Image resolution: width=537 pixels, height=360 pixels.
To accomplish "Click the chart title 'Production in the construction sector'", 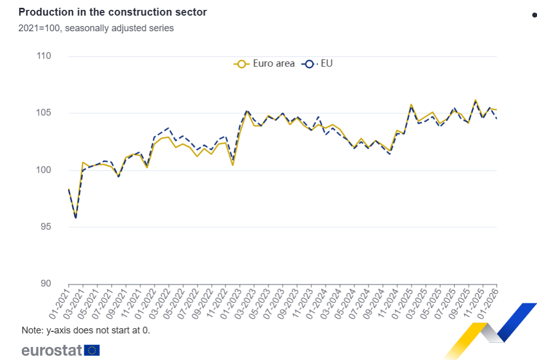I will (x=112, y=12).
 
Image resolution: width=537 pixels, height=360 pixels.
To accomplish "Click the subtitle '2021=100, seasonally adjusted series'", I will (x=96, y=28).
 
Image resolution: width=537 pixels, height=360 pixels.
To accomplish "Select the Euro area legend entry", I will (x=265, y=63).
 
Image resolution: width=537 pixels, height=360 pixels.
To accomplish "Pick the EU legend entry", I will (x=318, y=63).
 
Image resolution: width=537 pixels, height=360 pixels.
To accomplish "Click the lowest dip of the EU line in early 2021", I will (x=76, y=218).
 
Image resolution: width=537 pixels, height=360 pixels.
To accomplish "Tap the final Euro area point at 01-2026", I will (x=496, y=110).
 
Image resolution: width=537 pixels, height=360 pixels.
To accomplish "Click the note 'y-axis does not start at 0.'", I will (x=86, y=330).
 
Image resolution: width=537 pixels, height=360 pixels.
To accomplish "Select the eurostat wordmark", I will (x=51, y=350).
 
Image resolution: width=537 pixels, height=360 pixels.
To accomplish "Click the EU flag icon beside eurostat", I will (x=92, y=350).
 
